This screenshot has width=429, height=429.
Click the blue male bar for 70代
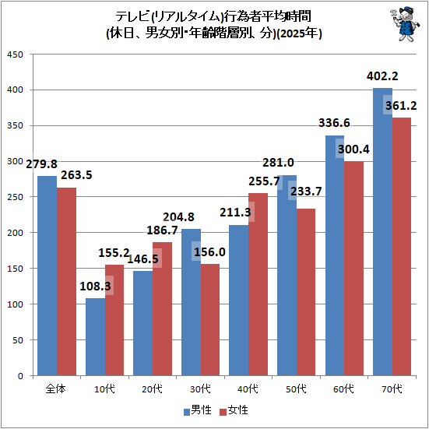click(382, 232)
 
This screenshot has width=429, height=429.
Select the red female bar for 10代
click(114, 320)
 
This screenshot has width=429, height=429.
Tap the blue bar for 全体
click(47, 276)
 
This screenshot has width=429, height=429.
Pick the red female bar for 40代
click(258, 284)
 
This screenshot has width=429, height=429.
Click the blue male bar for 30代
click(191, 302)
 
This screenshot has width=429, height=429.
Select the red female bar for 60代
click(353, 269)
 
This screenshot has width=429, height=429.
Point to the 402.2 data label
click(382, 76)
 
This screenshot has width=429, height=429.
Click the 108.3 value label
click(95, 287)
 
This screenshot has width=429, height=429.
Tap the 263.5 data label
click(76, 175)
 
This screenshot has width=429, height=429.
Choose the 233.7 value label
click(306, 192)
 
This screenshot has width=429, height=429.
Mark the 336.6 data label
click(334, 123)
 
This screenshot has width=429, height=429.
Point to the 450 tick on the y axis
click(16, 55)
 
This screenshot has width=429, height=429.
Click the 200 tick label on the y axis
click(16, 233)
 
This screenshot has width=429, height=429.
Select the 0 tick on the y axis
click(20, 376)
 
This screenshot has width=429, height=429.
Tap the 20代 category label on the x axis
click(152, 389)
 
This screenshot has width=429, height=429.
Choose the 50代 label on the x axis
click(296, 389)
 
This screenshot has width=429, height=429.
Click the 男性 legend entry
click(198, 410)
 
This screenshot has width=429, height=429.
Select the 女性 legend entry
click(234, 410)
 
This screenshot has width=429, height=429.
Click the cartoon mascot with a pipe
click(404, 24)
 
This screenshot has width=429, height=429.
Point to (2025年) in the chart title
click(299, 34)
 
